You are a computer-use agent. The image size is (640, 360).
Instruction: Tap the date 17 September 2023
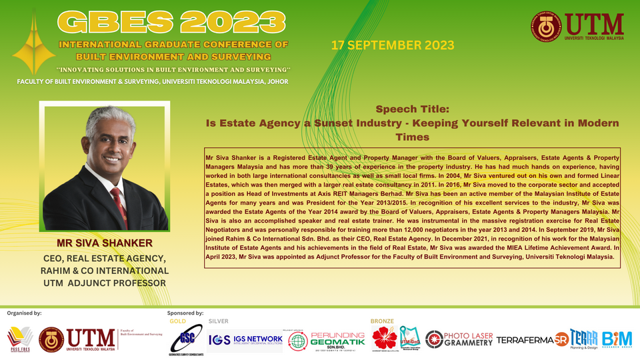[x=393, y=45]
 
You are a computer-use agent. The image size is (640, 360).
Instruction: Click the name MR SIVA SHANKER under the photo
[x=105, y=243]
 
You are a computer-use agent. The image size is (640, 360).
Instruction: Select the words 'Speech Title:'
[x=413, y=109]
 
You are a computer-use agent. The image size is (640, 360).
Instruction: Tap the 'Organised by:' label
[x=24, y=312]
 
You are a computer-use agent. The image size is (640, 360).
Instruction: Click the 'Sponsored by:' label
[x=185, y=312]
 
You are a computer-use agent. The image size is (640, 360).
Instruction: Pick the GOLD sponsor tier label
[x=178, y=321]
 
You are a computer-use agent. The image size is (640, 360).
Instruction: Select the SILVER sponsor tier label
[x=219, y=321]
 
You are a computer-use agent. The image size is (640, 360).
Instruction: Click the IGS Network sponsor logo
[x=245, y=339]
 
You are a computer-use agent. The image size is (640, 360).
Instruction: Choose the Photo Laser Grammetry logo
[x=459, y=339]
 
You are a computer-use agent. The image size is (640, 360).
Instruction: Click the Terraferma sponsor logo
[x=525, y=340]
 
